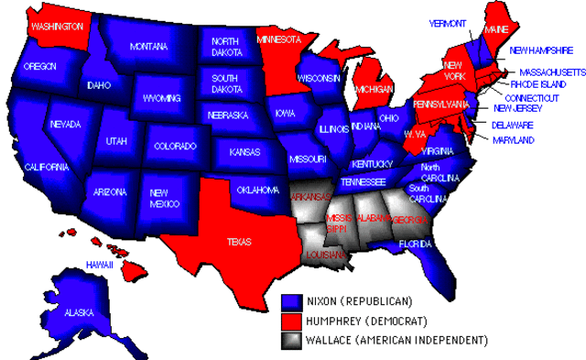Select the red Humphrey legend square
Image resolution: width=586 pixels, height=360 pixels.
(292, 322)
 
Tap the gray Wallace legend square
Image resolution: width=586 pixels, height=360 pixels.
(292, 341)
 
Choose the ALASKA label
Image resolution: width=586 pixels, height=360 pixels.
(79, 312)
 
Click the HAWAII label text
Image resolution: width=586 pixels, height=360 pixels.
(99, 265)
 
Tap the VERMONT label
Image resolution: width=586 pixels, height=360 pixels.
(448, 23)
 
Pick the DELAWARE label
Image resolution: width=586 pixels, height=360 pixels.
(513, 125)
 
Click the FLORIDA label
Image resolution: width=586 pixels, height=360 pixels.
(414, 244)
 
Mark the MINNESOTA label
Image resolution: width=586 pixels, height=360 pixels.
(278, 40)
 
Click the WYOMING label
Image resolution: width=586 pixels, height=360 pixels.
(162, 97)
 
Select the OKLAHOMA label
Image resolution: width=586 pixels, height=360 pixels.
(257, 191)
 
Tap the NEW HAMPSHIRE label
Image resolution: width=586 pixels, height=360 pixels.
(542, 50)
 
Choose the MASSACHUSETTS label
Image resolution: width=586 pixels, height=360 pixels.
(552, 71)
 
